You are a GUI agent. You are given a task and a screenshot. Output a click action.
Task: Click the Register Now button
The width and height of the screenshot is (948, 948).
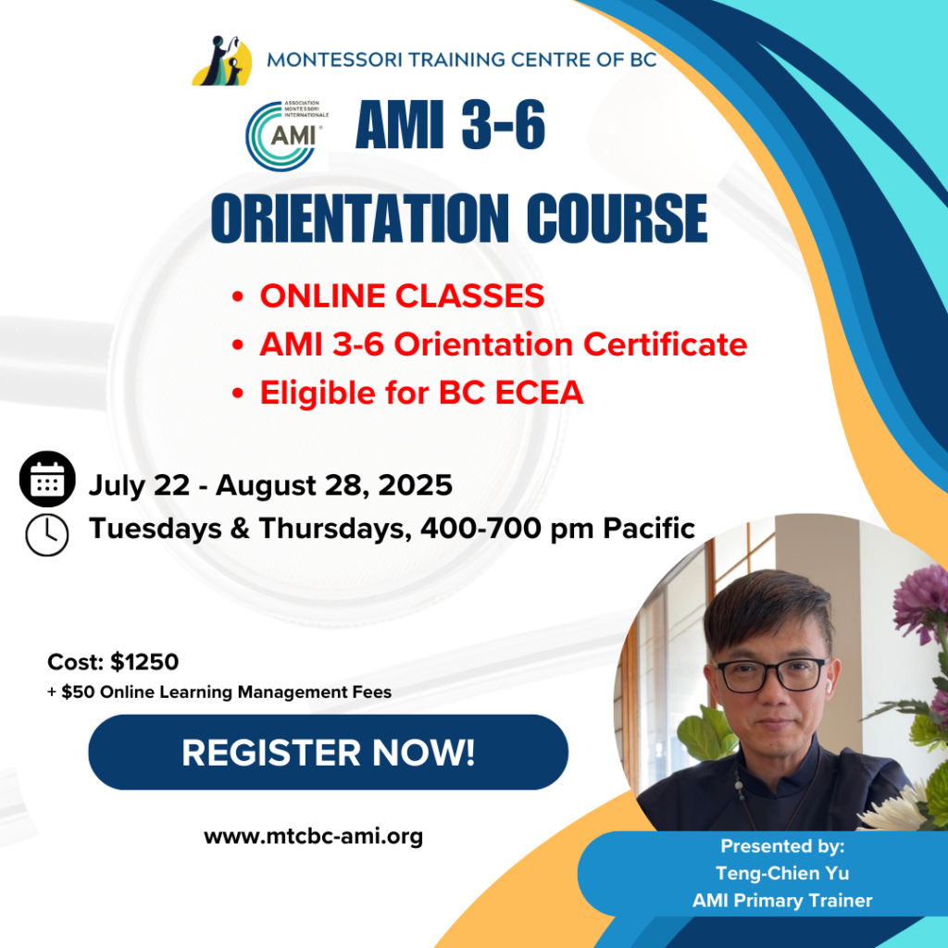(329, 752)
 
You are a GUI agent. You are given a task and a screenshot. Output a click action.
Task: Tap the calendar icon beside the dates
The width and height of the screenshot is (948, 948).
(47, 479)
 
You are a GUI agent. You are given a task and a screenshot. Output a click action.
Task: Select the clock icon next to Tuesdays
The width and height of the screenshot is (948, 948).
(47, 535)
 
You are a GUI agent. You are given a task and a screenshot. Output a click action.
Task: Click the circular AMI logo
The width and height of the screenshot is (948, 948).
(283, 136)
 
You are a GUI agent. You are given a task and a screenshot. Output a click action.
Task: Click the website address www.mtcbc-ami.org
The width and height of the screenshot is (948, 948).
(313, 837)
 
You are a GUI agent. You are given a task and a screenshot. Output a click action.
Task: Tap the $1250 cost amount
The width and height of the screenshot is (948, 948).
(145, 662)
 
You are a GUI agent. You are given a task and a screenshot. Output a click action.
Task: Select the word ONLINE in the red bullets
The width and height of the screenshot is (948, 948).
(323, 295)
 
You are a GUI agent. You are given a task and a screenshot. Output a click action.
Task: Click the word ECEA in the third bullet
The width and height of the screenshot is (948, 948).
(540, 393)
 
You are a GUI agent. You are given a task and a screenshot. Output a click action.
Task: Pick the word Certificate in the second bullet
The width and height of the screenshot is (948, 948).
(665, 344)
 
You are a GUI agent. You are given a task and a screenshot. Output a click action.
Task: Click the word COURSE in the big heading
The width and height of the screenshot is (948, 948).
(617, 218)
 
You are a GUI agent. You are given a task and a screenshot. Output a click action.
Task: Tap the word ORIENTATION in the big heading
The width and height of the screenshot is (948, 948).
(360, 218)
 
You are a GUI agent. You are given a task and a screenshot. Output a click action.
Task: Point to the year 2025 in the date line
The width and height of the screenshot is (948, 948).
(416, 485)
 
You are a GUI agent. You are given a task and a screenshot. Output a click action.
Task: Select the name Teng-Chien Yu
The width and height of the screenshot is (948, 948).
(782, 873)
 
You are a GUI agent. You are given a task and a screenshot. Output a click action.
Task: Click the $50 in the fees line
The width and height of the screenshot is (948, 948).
(78, 692)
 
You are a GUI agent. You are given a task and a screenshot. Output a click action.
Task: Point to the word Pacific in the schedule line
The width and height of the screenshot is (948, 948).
(649, 528)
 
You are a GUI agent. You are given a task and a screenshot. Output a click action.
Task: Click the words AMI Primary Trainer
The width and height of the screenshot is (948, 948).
(782, 901)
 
